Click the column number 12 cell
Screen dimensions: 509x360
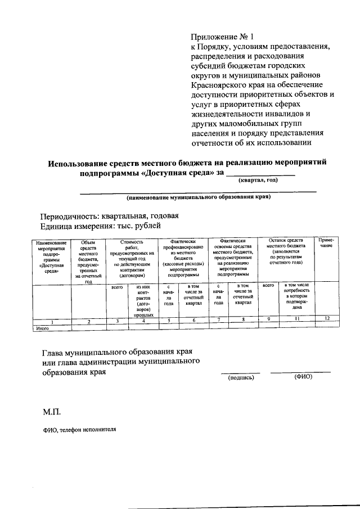(326, 321)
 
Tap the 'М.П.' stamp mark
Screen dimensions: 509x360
(51, 412)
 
